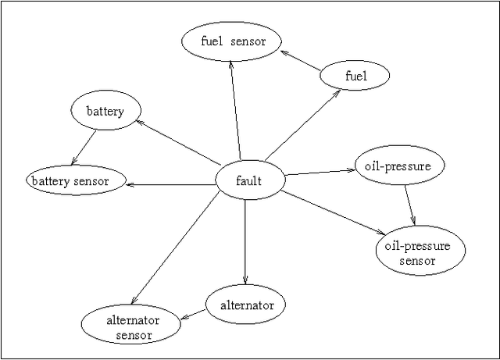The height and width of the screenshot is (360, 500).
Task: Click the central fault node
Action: [x=249, y=182]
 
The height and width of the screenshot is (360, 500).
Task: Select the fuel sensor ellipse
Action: [x=230, y=42]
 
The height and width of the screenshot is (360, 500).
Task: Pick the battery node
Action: [x=105, y=112]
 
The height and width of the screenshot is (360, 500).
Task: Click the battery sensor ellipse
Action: [x=77, y=181]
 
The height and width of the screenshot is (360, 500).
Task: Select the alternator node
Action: [x=245, y=305]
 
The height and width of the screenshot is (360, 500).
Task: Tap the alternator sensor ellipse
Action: [x=132, y=327]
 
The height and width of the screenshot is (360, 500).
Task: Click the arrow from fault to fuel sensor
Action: [x=235, y=109]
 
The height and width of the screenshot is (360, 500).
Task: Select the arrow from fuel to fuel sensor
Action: [x=301, y=61]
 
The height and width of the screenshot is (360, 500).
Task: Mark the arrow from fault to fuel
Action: [x=302, y=124]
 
